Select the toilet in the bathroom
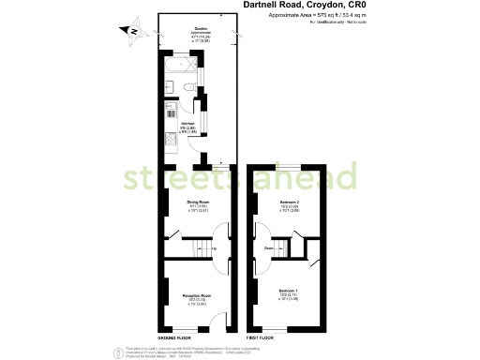[188, 87]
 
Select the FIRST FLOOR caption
[263, 336]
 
